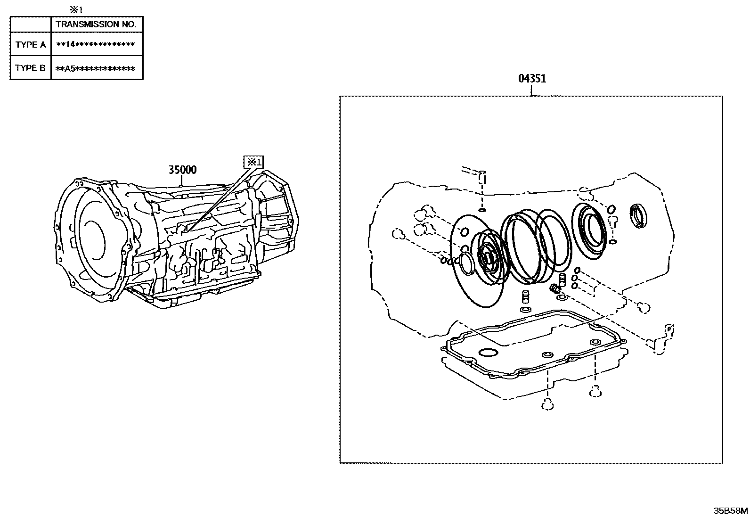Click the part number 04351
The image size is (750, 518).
532,79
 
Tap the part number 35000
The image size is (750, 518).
183,170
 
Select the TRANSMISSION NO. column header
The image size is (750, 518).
96,24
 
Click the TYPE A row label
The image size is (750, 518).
31,45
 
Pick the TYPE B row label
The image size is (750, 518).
31,68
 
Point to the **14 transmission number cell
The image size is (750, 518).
96,45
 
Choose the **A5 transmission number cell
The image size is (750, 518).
96,68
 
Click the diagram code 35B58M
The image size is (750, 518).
730,510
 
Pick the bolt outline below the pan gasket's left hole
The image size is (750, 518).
547,404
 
